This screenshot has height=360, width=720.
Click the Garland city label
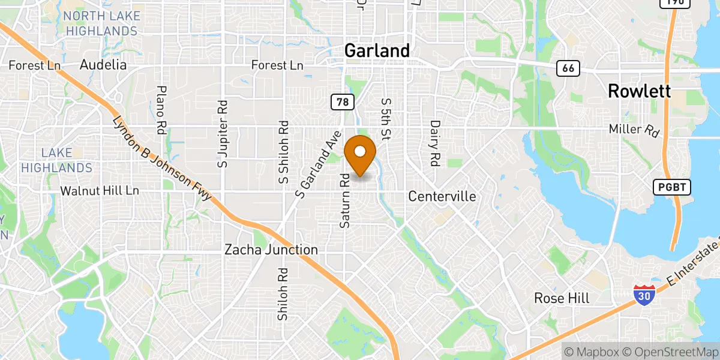pyautogui.click(x=377, y=51)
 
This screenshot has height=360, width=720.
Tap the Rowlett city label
pyautogui.click(x=639, y=91)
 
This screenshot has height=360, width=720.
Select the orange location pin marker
pyautogui.click(x=361, y=154)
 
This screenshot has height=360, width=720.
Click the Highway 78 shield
pyautogui.click(x=341, y=103)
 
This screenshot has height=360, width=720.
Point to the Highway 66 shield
pyautogui.click(x=568, y=68)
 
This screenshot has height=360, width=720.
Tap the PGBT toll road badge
pyautogui.click(x=672, y=188)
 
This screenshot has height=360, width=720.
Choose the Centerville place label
pyautogui.click(x=442, y=197)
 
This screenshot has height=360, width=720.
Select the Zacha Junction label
pyautogui.click(x=271, y=250)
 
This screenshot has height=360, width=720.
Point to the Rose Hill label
pyautogui.click(x=562, y=298)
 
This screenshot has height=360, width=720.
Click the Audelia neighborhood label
pyautogui.click(x=103, y=65)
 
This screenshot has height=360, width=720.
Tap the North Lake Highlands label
pyautogui.click(x=102, y=23)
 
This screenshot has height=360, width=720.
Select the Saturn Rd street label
pyautogui.click(x=344, y=201)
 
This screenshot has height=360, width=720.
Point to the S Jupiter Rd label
pyautogui.click(x=223, y=134)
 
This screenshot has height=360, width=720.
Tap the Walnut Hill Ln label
pyautogui.click(x=100, y=191)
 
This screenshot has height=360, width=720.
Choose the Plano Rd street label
pyautogui.click(x=161, y=110)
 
